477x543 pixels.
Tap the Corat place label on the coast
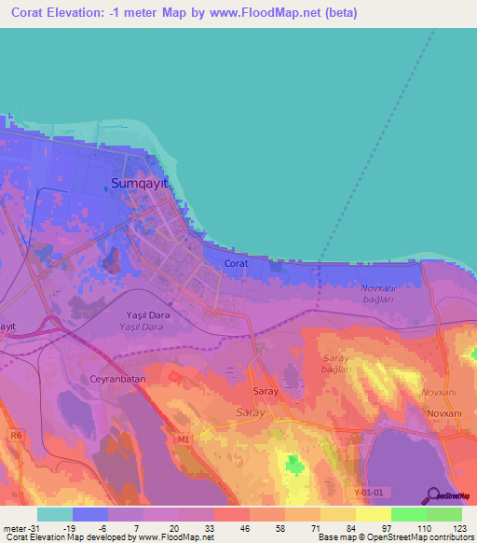pos(236,264)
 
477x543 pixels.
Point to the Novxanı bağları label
pos(377,293)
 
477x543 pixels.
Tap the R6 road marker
pos(16,434)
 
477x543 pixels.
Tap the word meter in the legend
pos(15,527)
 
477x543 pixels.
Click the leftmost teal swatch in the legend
pos(55,514)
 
